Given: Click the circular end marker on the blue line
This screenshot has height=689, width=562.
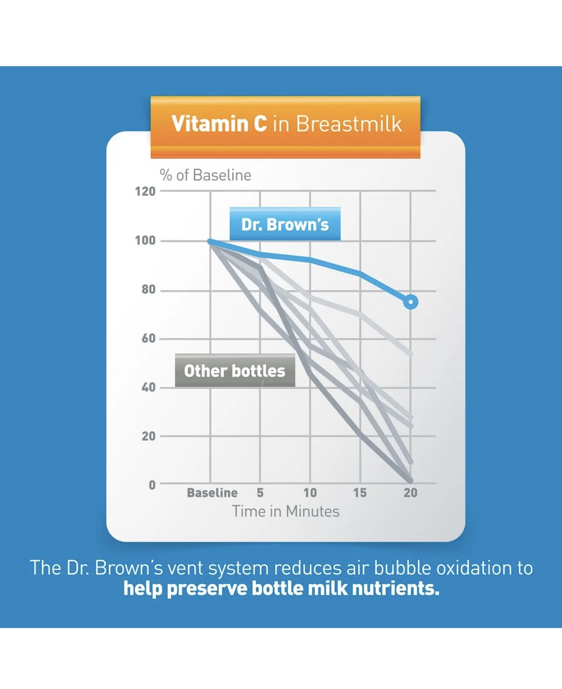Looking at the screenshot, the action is pyautogui.click(x=411, y=302).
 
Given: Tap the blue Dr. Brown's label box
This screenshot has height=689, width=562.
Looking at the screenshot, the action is pyautogui.click(x=285, y=224).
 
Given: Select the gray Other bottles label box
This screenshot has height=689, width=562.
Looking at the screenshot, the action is pyautogui.click(x=235, y=371).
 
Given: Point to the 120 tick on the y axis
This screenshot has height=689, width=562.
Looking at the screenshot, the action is pyautogui.click(x=146, y=192).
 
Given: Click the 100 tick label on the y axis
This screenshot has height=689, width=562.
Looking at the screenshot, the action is pyautogui.click(x=146, y=241).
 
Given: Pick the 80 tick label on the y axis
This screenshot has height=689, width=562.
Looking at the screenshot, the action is pyautogui.click(x=149, y=290).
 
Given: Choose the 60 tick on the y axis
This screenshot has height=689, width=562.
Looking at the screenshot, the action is pyautogui.click(x=149, y=338).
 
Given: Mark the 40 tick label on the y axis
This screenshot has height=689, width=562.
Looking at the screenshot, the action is pyautogui.click(x=149, y=388).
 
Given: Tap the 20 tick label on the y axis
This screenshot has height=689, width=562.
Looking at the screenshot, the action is pyautogui.click(x=149, y=436).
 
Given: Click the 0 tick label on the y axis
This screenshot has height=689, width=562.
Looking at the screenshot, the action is pyautogui.click(x=152, y=485).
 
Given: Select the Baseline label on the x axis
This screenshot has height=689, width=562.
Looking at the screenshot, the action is pyautogui.click(x=212, y=493).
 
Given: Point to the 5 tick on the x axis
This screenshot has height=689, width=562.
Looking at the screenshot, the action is pyautogui.click(x=260, y=493).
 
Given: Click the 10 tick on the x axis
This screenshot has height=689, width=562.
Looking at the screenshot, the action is pyautogui.click(x=310, y=493).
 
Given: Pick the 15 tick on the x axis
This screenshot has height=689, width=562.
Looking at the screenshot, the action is pyautogui.click(x=360, y=493).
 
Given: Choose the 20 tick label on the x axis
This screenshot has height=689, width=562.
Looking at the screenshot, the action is pyautogui.click(x=410, y=493).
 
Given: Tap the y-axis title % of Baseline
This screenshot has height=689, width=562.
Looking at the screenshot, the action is pyautogui.click(x=206, y=175).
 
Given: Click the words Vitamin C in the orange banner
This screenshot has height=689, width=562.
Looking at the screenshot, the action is pyautogui.click(x=219, y=124).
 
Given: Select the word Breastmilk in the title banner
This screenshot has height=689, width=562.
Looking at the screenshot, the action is pyautogui.click(x=349, y=124).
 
